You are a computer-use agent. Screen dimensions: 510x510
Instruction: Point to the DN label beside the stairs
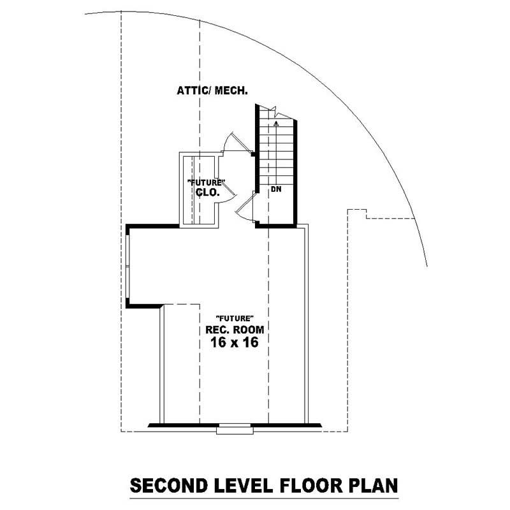(276, 189)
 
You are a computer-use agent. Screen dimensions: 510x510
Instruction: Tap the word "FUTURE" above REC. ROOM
(235, 318)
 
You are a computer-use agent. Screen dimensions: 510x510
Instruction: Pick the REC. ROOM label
(235, 330)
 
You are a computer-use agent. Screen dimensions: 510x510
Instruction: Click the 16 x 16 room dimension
(235, 343)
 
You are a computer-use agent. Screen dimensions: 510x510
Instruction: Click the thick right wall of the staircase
(295, 172)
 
